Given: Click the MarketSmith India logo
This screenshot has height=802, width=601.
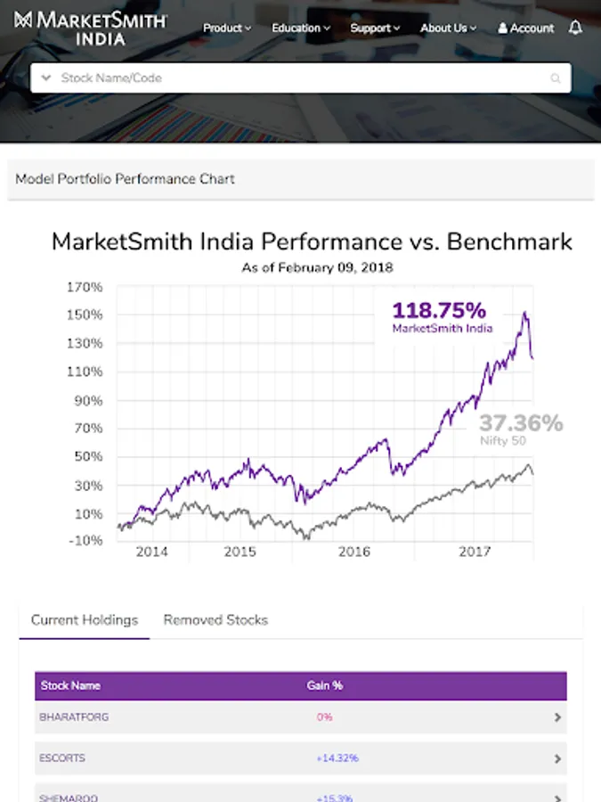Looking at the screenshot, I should (x=89, y=28).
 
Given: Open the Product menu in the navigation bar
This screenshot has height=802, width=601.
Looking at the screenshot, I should (x=226, y=29).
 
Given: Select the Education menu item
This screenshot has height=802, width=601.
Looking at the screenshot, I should (x=300, y=29).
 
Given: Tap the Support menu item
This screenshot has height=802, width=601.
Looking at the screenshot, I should (x=374, y=29).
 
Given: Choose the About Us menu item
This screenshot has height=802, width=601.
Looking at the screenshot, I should (x=448, y=29).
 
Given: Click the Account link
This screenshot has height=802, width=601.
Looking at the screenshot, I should (x=525, y=29).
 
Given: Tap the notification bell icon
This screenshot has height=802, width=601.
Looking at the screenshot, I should (x=575, y=29).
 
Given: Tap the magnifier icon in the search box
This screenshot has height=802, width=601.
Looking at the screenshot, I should (x=556, y=78).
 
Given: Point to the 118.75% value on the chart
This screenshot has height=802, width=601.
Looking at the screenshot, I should (x=440, y=311).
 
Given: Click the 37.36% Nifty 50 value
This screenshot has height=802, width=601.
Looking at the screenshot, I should (x=521, y=423).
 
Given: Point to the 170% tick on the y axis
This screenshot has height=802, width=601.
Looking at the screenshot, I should (x=85, y=287).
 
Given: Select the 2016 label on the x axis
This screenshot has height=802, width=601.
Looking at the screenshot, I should (x=354, y=552).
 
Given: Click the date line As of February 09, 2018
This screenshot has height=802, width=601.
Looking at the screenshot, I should (x=317, y=267).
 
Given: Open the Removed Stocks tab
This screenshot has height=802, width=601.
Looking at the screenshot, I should (x=215, y=620).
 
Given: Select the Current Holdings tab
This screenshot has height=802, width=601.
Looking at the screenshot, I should (x=85, y=620).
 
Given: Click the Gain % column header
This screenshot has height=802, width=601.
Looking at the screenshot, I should (x=325, y=686).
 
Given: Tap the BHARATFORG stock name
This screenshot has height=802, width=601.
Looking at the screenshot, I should (x=74, y=716).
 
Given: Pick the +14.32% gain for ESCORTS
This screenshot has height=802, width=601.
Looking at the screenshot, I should (x=337, y=758).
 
